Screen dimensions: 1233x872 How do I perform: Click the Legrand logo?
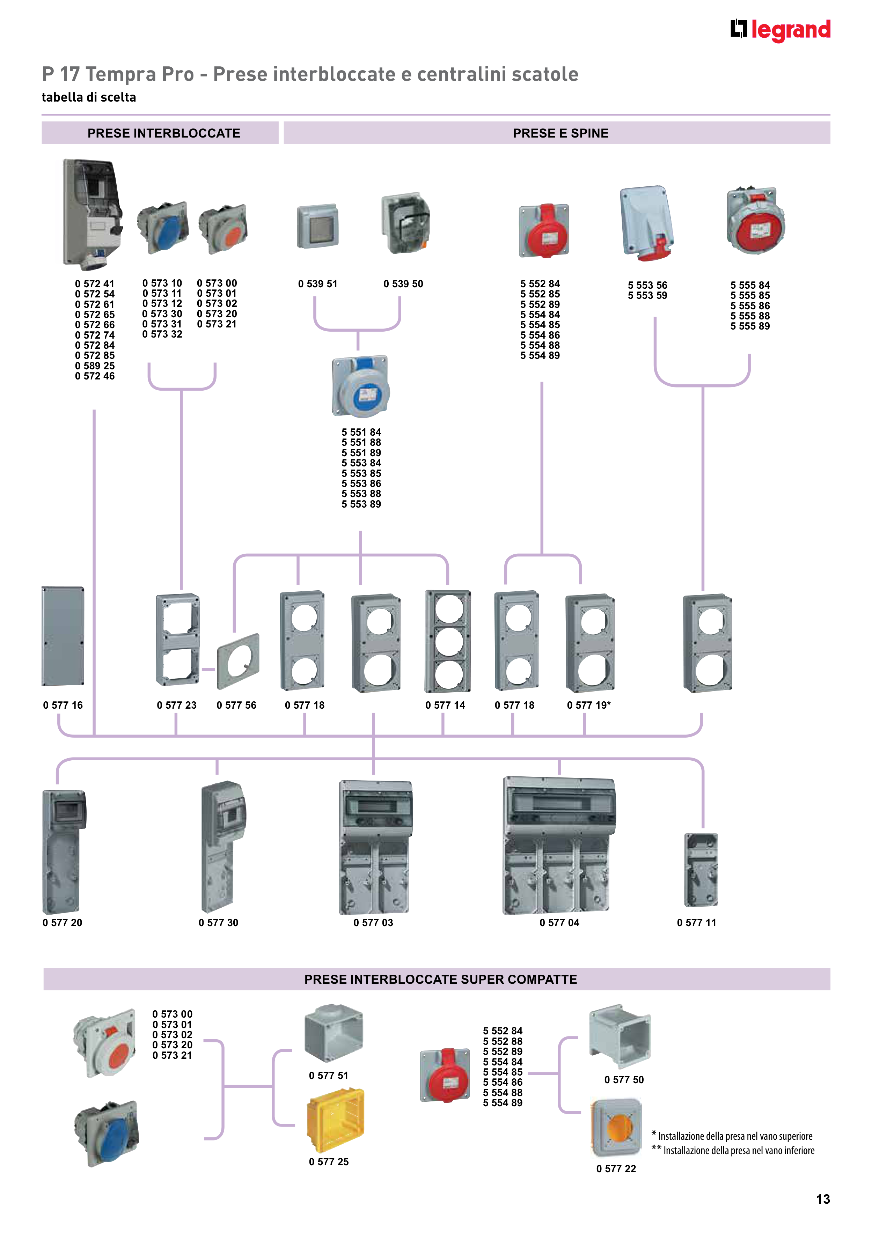[780, 30]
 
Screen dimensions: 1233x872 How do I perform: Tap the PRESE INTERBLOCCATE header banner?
[160, 133]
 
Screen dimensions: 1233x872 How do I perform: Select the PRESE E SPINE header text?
[560, 133]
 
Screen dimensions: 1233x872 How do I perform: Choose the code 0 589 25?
[95, 366]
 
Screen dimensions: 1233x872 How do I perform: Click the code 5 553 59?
[647, 295]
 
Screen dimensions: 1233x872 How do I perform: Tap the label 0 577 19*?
[589, 705]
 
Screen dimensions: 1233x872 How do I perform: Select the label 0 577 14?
[445, 705]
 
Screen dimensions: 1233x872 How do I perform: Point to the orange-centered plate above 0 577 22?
[617, 1127]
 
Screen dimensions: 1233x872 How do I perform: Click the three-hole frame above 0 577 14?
[448, 641]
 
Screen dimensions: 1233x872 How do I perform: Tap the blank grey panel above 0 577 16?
[63, 636]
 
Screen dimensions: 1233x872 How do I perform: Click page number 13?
[822, 1199]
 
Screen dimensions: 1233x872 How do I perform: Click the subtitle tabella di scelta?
[89, 97]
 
